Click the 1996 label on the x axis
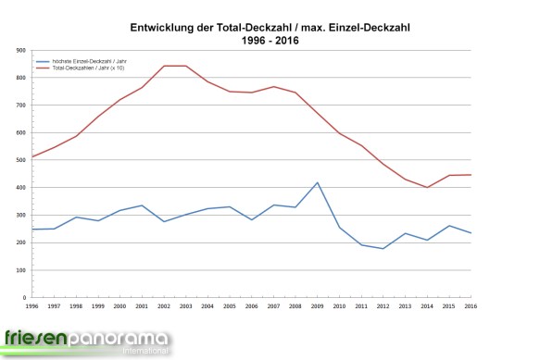point(33,305)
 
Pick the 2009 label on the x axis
point(318,305)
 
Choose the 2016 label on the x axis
point(471,305)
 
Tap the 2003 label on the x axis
point(186,305)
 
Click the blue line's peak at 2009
point(318,182)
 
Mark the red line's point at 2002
point(164,66)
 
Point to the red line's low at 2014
point(427,187)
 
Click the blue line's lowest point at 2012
point(383,248)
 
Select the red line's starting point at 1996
point(33,156)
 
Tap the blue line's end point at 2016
point(471,233)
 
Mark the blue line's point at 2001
point(143,205)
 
